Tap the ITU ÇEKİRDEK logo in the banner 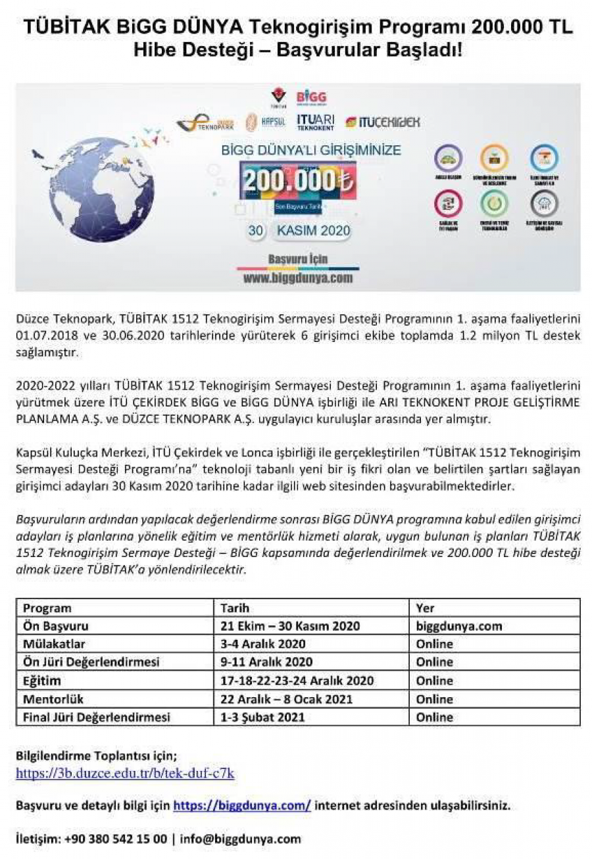point(382,122)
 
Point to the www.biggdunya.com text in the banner point(298,278)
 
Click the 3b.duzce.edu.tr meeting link point(125,774)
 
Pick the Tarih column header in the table point(235,608)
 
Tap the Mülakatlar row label point(54,644)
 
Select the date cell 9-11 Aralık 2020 point(266,662)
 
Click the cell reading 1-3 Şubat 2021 point(262,717)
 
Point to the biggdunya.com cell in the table point(459,626)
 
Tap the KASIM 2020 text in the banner point(313,232)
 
